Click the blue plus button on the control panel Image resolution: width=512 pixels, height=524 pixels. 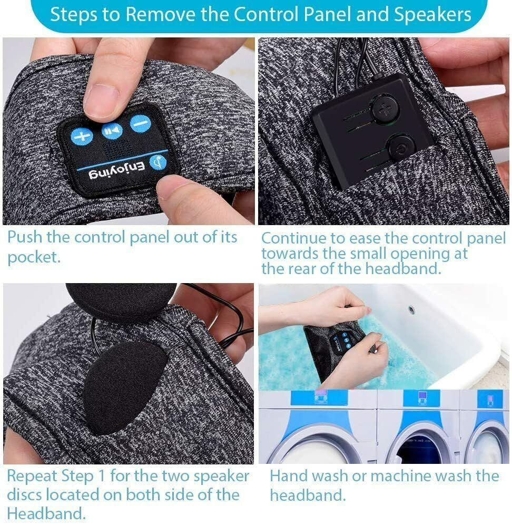[x=82, y=137]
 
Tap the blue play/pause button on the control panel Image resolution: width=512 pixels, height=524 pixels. [x=112, y=130]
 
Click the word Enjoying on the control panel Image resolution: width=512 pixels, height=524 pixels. [x=117, y=171]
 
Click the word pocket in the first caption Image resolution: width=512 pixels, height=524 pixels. [x=34, y=257]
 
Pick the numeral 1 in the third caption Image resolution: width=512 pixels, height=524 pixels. [x=102, y=476]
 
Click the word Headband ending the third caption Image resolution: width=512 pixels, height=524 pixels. [x=46, y=513]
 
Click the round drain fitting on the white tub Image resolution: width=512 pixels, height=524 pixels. [x=412, y=310]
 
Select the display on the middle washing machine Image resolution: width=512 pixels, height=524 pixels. [x=422, y=399]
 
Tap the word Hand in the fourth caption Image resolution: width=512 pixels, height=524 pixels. [x=290, y=476]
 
